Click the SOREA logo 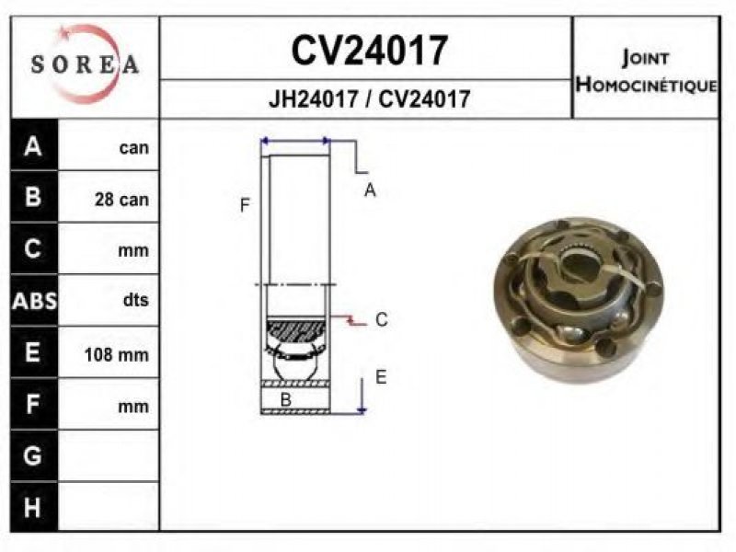click(86, 64)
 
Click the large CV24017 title click(370, 51)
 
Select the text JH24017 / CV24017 click(369, 99)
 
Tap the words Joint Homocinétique click(647, 71)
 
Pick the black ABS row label click(34, 301)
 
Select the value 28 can click(121, 200)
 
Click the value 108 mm click(117, 354)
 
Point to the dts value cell click(135, 300)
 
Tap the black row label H click(32, 508)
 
